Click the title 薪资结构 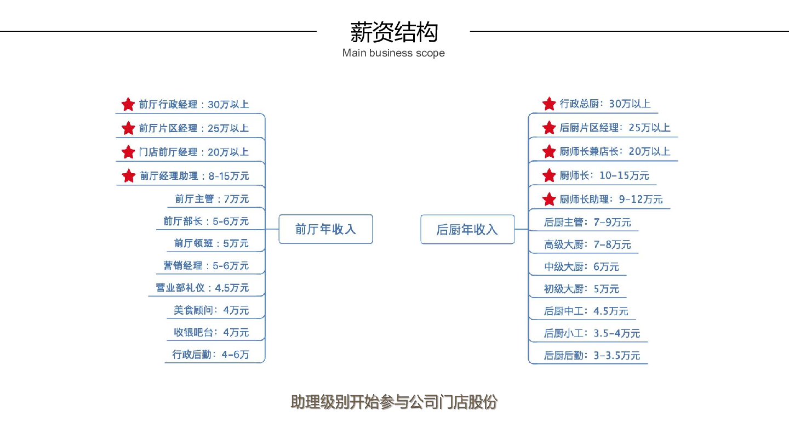tap(394, 32)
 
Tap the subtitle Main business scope tap(393, 53)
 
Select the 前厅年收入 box tap(326, 229)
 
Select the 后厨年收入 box tap(467, 229)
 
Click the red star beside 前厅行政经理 tap(128, 104)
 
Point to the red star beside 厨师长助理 tap(549, 199)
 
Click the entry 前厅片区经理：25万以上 tap(194, 128)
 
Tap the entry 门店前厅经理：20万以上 tap(194, 152)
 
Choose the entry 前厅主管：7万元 tap(212, 199)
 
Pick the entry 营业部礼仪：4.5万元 tap(203, 288)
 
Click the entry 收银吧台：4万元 tap(211, 332)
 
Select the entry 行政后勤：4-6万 tap(210, 355)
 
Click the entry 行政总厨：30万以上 tap(605, 104)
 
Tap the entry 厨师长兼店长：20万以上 tap(615, 151)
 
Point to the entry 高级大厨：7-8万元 tap(587, 244)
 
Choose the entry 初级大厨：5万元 tap(581, 289)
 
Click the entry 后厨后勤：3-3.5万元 tap(592, 356)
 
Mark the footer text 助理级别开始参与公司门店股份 tap(394, 402)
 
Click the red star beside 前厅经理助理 tap(129, 176)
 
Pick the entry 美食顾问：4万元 tap(211, 310)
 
